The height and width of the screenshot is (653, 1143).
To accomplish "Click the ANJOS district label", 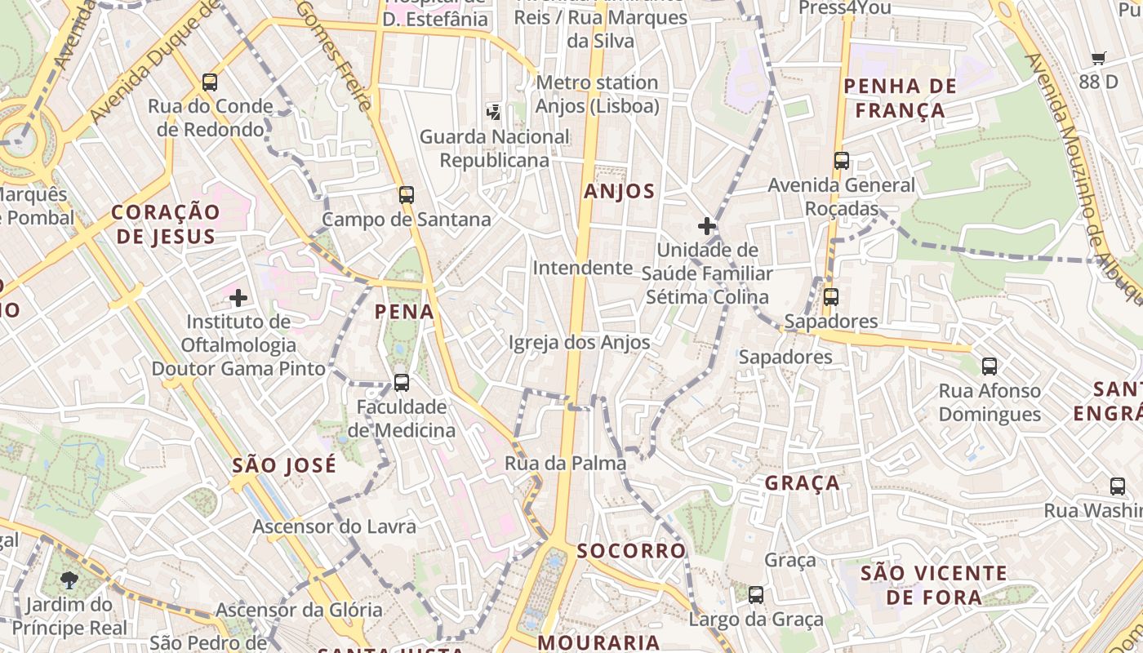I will pos(620,191).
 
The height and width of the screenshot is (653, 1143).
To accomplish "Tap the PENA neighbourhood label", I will pos(404,311).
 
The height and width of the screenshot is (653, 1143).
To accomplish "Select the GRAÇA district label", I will pos(803,483).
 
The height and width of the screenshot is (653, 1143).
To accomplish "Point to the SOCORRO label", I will pos(632,550).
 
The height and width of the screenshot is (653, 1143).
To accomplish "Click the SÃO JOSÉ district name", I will pos(284,465).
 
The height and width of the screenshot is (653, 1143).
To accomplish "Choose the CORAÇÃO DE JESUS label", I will pos(166,224).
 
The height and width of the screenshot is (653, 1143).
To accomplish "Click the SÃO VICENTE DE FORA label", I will pos(934,584).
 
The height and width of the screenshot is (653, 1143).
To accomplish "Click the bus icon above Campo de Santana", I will pos(407,195).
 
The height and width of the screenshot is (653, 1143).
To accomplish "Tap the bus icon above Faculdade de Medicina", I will pos(401,382).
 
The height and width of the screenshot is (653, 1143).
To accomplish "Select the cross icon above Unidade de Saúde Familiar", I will pos(707,226).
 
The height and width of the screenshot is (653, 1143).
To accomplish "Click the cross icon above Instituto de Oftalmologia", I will pos(238,298).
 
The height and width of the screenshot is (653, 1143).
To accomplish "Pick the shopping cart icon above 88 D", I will pos(1099,59).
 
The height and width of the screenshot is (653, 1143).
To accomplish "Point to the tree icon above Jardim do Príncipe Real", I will pos(69,580).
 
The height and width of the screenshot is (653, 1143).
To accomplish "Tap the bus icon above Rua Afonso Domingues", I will pos(990,366).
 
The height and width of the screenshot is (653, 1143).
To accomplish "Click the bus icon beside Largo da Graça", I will pos(756,595).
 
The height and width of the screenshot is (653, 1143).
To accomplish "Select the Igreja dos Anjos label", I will pos(580,342).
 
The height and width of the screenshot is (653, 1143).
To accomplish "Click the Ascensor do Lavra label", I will pos(334,526).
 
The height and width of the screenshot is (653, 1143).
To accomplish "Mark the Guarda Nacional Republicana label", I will pos(495,148).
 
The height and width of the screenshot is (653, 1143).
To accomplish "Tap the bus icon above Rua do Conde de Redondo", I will pos(210,82).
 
